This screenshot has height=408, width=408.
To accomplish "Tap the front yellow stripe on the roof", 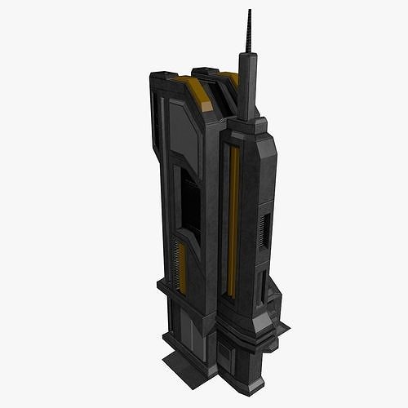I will [x=197, y=94].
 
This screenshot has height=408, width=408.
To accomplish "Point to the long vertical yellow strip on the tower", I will [x=233, y=220].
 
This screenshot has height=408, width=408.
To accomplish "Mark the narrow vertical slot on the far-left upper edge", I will [x=155, y=122].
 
